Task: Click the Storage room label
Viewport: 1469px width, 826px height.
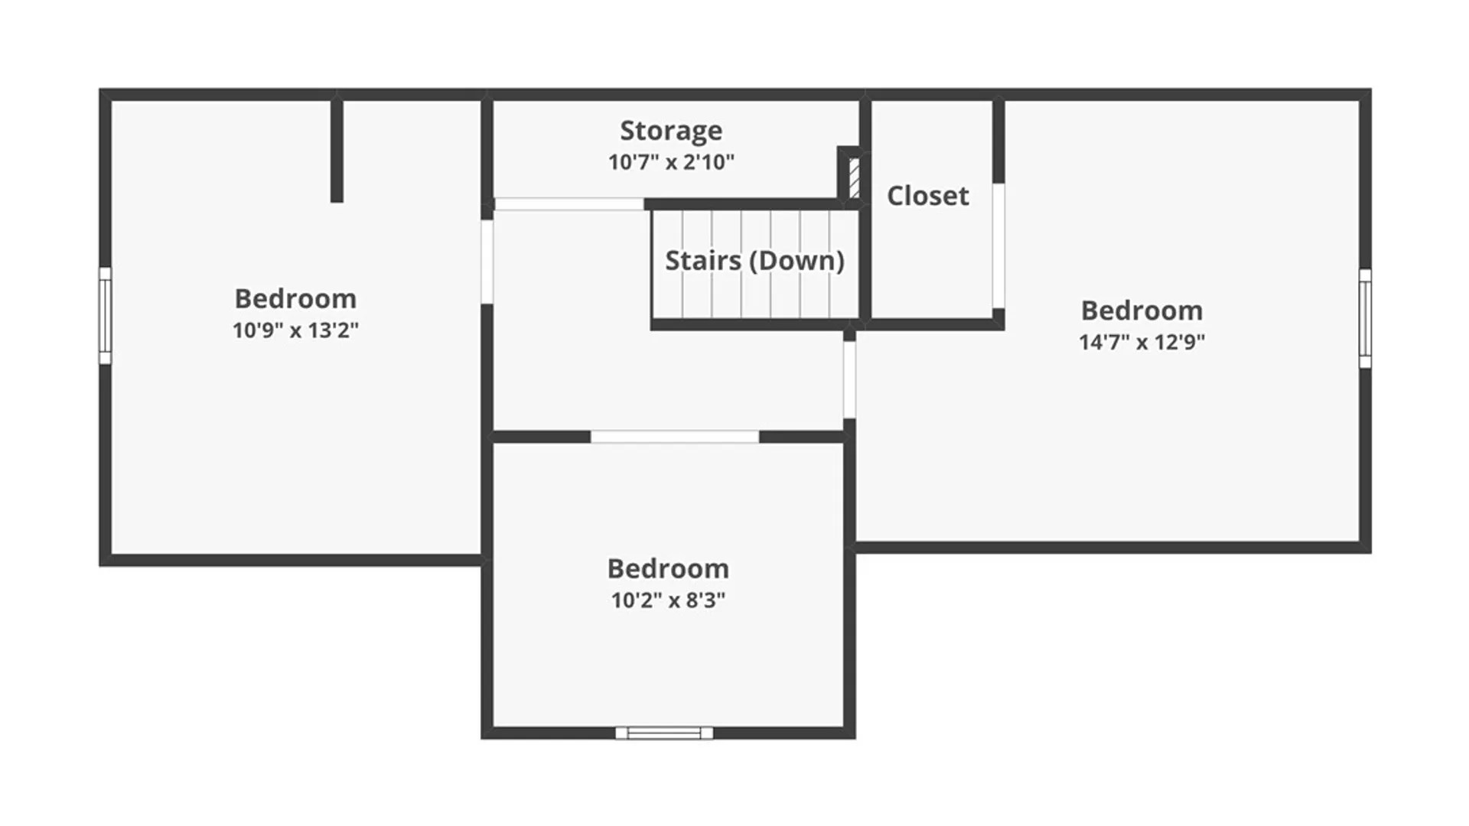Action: [x=671, y=131]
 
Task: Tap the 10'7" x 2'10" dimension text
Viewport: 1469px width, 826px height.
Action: [x=671, y=162]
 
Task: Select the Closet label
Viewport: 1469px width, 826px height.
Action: [x=928, y=196]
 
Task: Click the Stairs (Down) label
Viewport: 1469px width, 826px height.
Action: [x=754, y=261]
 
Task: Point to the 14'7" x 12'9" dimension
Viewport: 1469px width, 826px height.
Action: [x=1142, y=342]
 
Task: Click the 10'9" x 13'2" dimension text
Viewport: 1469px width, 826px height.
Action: [x=295, y=330]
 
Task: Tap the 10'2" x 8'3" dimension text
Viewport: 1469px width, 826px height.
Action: [x=668, y=600]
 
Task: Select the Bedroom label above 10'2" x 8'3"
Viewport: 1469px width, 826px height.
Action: [x=668, y=569]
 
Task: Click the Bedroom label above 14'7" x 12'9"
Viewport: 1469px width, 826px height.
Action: [x=1142, y=311]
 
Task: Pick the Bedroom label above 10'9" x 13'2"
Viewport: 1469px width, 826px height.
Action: [x=295, y=298]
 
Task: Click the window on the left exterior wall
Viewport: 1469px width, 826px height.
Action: [x=105, y=316]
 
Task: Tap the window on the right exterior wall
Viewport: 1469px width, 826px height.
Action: [x=1365, y=318]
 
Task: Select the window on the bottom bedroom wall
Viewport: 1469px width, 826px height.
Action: [x=664, y=733]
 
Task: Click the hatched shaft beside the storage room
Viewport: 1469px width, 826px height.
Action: [x=854, y=177]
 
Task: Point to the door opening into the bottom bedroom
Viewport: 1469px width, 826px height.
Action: [x=674, y=437]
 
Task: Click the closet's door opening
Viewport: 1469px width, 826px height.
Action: [x=998, y=246]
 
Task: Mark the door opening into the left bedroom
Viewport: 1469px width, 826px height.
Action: [x=487, y=262]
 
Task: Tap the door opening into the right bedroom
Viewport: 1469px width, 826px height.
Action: [x=849, y=379]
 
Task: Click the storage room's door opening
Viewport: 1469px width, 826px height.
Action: [x=568, y=204]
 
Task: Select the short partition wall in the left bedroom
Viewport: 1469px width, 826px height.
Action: [x=337, y=151]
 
